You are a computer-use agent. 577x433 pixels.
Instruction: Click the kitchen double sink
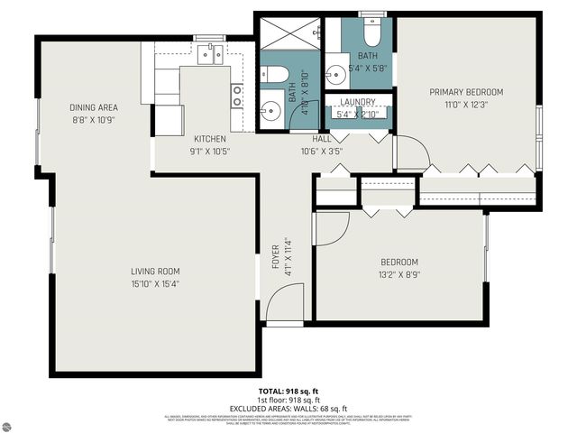tap(209, 55)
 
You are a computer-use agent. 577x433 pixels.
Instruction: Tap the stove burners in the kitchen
tap(236, 96)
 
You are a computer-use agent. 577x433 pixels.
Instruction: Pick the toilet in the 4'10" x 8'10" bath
tap(277, 75)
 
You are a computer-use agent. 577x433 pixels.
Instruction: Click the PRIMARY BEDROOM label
tap(465, 92)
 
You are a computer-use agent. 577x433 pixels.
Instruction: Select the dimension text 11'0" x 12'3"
tap(465, 106)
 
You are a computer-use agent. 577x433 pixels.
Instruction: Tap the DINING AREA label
tap(94, 106)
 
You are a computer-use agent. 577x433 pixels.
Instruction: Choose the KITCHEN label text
tap(209, 139)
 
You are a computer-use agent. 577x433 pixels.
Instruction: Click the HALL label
tap(322, 139)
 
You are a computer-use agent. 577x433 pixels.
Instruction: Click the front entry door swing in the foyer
tap(287, 302)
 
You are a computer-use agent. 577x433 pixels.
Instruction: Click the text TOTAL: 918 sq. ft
tap(288, 390)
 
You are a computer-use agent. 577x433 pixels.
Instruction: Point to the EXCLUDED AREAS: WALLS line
tap(288, 409)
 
